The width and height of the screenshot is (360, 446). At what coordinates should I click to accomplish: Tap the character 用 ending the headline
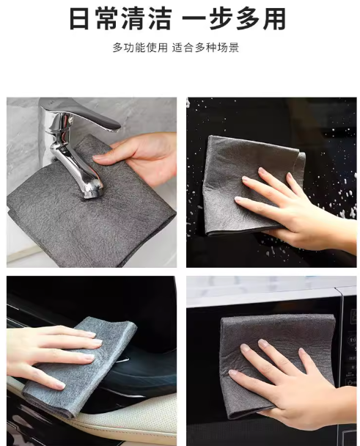point(274,19)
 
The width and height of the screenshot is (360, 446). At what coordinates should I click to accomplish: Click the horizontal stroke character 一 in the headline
point(194,19)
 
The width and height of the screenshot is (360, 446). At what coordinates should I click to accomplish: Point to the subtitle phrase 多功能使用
point(140,48)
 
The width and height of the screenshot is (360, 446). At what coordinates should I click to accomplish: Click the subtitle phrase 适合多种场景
point(205,48)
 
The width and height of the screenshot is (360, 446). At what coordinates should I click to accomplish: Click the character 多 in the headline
point(247,19)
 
